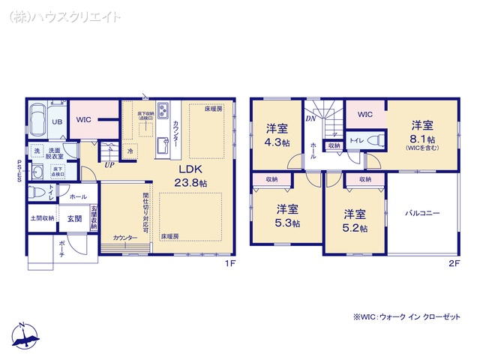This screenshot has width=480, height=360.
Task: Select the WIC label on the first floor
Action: click(83, 119)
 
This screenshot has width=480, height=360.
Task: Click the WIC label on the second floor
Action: click(364, 115)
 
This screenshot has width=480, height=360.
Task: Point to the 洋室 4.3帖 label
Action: click(277, 135)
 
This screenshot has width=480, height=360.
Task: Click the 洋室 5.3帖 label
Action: click(287, 215)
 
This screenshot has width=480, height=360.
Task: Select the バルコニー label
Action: click(423, 213)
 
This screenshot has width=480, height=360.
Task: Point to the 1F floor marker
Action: click(232, 263)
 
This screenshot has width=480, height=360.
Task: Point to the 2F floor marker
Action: click(453, 263)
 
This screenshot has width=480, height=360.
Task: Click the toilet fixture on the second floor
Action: click(377, 139)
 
